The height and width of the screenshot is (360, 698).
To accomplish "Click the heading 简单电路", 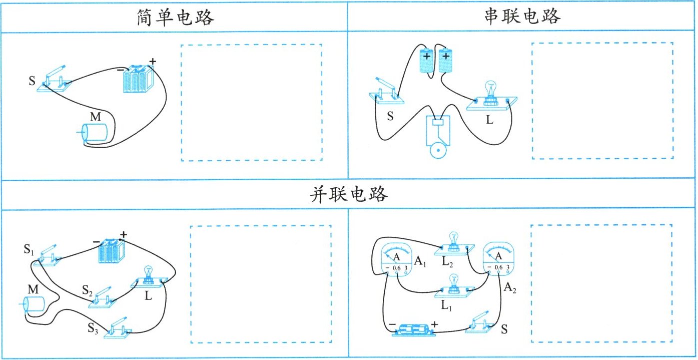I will (174, 18).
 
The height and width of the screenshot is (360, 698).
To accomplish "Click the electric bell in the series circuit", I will (438, 135).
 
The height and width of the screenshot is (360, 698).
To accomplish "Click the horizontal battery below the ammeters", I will (411, 329).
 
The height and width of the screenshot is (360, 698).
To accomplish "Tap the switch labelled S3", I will (118, 329).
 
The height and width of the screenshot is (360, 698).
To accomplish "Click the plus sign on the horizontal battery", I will (434, 324).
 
